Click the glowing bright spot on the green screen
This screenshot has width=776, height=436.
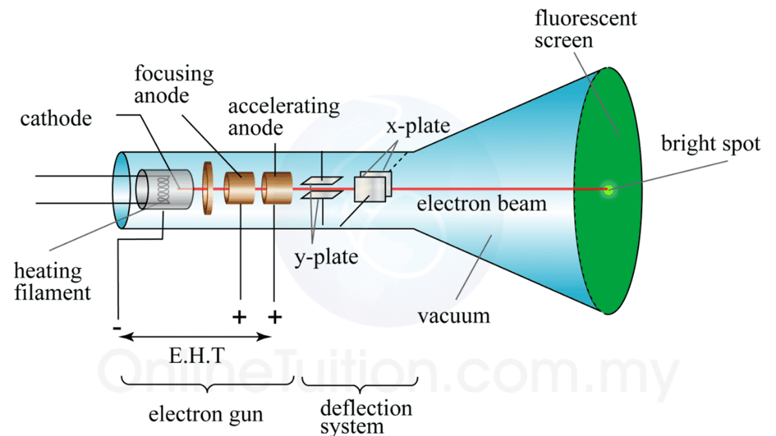coord(608,190)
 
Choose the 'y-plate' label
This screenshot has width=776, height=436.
coord(326,258)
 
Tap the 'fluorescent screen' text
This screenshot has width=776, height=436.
coord(585,29)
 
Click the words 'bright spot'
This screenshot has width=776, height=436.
coord(709,143)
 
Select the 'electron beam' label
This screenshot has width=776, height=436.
coord(481,205)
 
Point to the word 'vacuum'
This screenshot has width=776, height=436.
coord(453,317)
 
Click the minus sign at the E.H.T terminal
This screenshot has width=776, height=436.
coord(117,328)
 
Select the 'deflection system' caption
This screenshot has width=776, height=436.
coord(366,417)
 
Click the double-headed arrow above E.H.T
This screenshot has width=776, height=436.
coord(195,337)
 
